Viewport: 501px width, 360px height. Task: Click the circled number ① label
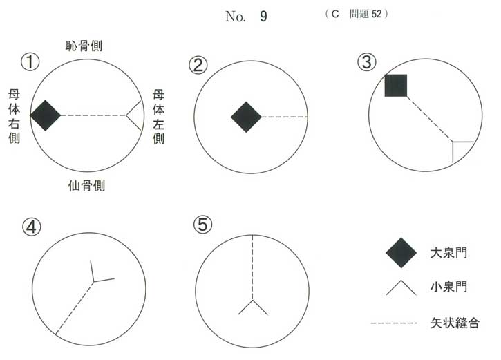[30, 62]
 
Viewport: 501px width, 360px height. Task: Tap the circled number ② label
[198, 65]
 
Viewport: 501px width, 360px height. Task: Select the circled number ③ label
[366, 61]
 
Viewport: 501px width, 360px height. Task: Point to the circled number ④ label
[31, 227]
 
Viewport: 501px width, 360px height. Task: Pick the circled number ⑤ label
[203, 225]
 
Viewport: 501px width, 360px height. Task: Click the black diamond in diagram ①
[46, 115]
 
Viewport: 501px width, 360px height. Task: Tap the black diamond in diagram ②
[246, 117]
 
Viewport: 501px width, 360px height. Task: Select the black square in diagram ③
[396, 85]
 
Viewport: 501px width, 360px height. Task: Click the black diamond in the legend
[401, 252]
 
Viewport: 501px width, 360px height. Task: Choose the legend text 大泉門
[448, 253]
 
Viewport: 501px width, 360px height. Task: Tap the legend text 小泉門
[448, 287]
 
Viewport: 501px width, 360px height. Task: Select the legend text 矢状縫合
[455, 323]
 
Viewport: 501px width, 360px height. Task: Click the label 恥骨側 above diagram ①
[84, 46]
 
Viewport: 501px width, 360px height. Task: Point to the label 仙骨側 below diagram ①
[86, 186]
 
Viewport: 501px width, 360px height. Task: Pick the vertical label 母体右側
[14, 116]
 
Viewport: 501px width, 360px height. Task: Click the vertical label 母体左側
[158, 116]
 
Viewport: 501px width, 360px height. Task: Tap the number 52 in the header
[377, 14]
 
